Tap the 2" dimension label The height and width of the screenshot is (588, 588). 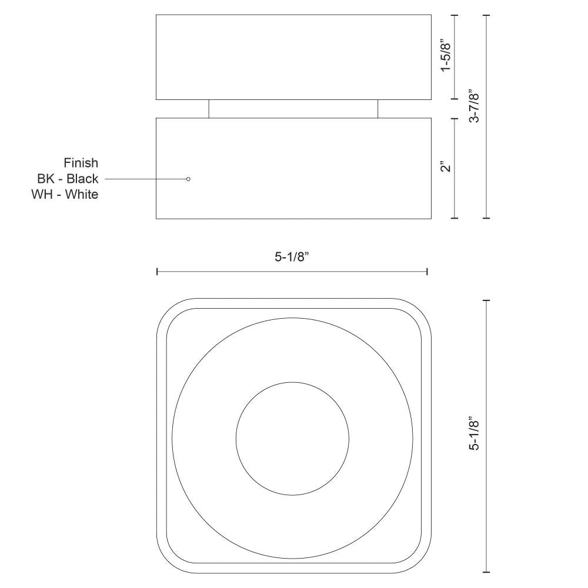[447, 166]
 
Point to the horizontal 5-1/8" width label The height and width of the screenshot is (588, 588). [292, 258]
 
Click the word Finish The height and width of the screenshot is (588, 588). [81, 163]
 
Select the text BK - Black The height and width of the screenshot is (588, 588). [68, 179]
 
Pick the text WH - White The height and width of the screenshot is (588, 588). [65, 195]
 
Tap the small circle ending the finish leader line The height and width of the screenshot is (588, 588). [188, 179]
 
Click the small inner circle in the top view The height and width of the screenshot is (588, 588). [292, 438]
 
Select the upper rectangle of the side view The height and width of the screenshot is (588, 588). [293, 57]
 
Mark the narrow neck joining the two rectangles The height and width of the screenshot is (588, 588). [293, 109]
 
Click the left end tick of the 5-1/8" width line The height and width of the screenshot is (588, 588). [157, 272]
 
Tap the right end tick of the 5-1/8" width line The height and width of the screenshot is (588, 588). [427, 272]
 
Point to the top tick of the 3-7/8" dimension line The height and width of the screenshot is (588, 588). [486, 15]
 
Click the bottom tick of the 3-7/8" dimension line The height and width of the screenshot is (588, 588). [486, 218]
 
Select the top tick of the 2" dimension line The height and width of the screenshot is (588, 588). [455, 118]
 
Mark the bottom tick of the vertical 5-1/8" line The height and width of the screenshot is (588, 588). [486, 572]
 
